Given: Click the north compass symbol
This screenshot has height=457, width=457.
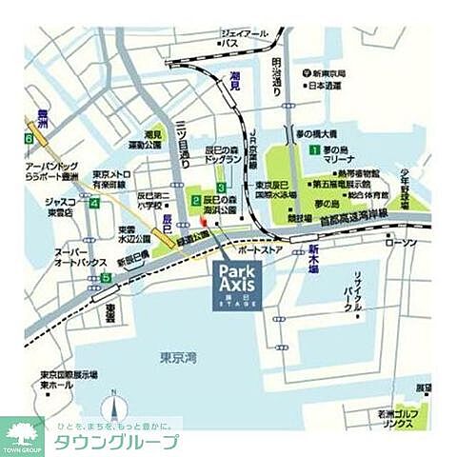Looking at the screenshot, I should pos(114,406).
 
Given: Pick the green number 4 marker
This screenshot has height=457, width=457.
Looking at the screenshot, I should pos(93,203).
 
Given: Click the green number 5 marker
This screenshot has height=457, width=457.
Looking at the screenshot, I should pos(107,278).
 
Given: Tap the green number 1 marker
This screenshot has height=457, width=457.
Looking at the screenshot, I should pos(311,150).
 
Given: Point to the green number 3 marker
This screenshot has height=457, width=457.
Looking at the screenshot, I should pos(221,188).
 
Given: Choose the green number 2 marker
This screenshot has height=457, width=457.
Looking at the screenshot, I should pos(195,201).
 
